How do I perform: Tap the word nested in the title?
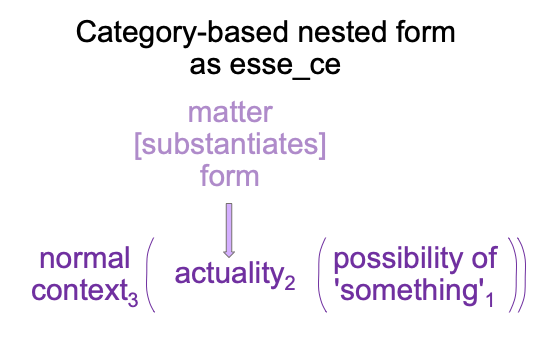pyautogui.click(x=342, y=32)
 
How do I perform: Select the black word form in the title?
pyautogui.click(x=425, y=32)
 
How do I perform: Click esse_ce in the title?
pyautogui.click(x=285, y=66)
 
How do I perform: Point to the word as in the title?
pyautogui.click(x=205, y=66)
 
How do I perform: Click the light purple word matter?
pyautogui.click(x=230, y=112)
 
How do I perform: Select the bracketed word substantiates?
pyautogui.click(x=230, y=144)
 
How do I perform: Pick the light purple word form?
pyautogui.click(x=229, y=175)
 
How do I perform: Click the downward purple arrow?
pyautogui.click(x=229, y=230)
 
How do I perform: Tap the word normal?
pyautogui.click(x=85, y=258)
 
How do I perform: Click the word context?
pyautogui.click(x=80, y=291)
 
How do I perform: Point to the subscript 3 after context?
pyautogui.click(x=133, y=298)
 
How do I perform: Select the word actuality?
pyautogui.click(x=229, y=275)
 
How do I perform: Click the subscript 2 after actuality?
pyautogui.click(x=290, y=282)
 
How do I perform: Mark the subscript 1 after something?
pyautogui.click(x=490, y=298)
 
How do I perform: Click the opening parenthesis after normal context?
pyautogui.click(x=149, y=275)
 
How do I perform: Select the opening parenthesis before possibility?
pyautogui.click(x=320, y=275)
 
